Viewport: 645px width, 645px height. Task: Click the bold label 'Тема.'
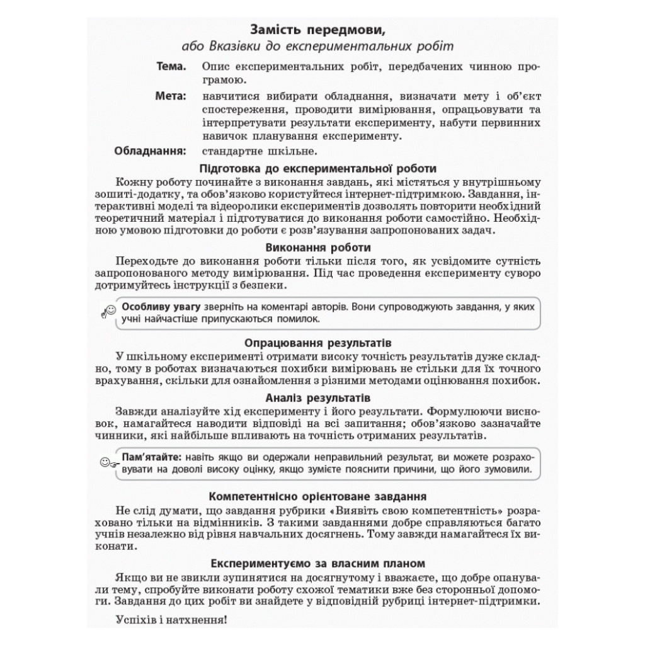point(171,66)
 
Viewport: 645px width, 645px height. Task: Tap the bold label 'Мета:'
point(171,96)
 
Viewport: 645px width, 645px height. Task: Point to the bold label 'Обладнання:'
point(151,151)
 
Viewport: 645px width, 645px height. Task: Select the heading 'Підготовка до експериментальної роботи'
point(317,168)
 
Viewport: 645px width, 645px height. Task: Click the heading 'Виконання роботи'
point(318,248)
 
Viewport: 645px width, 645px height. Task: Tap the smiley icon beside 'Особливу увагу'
point(108,311)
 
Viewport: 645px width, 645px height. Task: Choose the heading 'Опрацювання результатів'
point(317,343)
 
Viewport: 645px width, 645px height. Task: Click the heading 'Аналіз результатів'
point(317,398)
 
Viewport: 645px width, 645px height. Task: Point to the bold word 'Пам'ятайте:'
point(151,457)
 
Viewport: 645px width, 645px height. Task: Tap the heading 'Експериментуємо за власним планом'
point(317,562)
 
